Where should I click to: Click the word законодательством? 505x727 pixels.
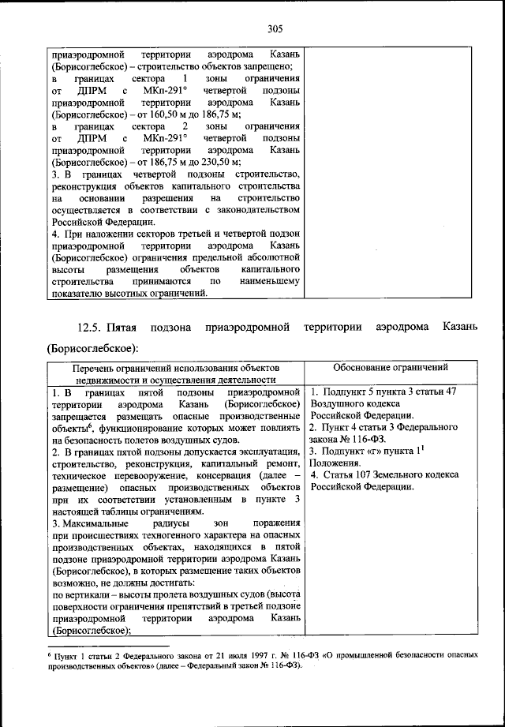pyautogui.click(x=258, y=211)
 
